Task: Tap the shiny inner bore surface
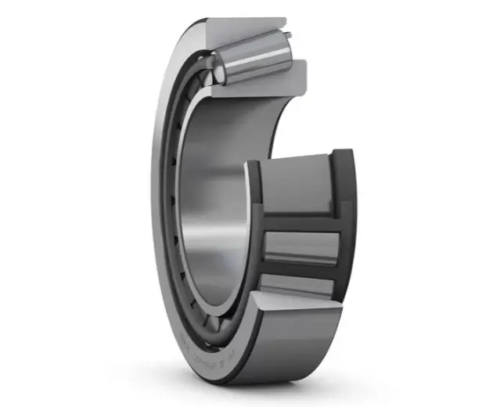click(211, 196)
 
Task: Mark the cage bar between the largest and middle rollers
click(301, 222)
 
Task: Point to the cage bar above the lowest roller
click(301, 271)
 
